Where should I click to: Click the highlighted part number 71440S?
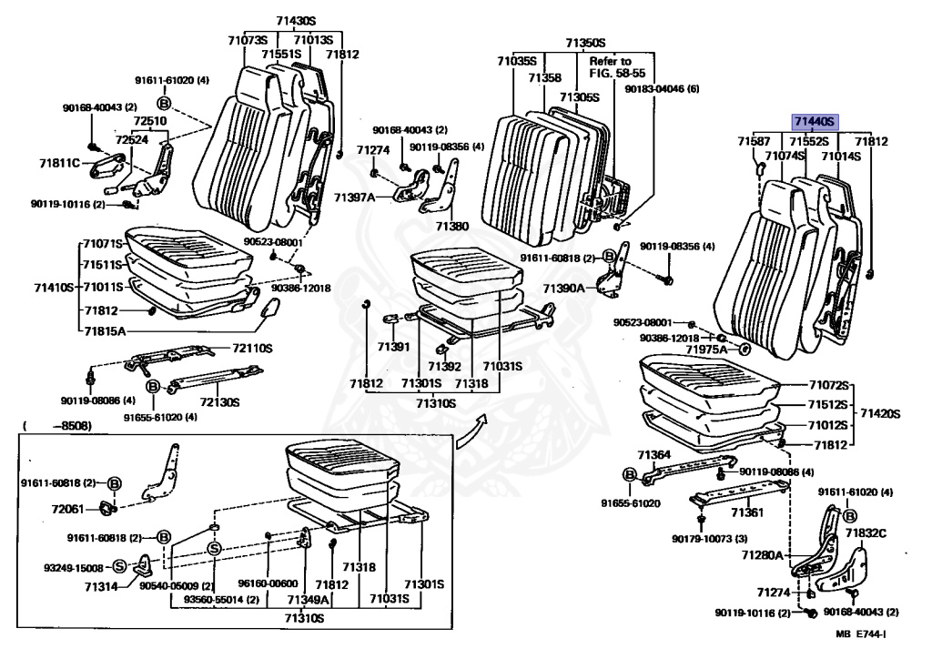(x=814, y=121)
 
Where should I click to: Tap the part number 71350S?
(x=584, y=42)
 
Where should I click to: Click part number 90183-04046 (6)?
(x=662, y=89)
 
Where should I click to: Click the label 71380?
(x=451, y=226)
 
